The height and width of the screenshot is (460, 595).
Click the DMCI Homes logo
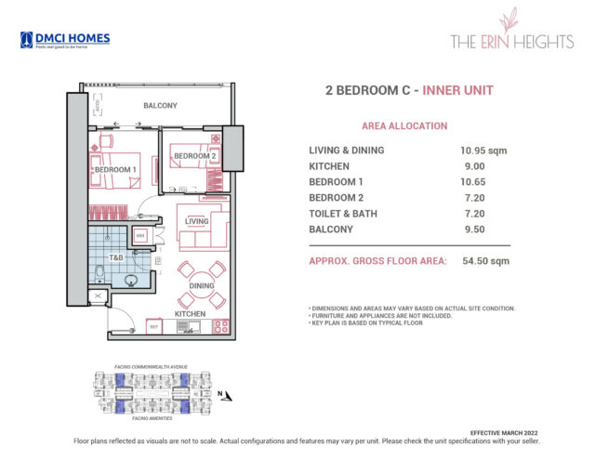pyautogui.click(x=64, y=39)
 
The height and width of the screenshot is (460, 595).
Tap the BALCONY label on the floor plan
pyautogui.click(x=160, y=106)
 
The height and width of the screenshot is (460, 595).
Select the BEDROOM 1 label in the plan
pyautogui.click(x=115, y=169)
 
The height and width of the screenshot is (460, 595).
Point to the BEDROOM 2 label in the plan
pyautogui.click(x=193, y=155)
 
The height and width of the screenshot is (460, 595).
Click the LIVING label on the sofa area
pyautogui.click(x=197, y=221)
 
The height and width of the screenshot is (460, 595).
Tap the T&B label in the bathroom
pyautogui.click(x=116, y=257)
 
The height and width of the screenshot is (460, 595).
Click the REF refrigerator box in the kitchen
pyautogui.click(x=153, y=326)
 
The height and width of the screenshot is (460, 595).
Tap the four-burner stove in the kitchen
pyautogui.click(x=221, y=326)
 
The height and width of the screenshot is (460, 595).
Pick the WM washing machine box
pyautogui.click(x=140, y=237)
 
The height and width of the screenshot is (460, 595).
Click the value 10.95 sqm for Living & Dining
pyautogui.click(x=483, y=151)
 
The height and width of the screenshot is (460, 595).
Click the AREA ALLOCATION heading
pyautogui.click(x=404, y=125)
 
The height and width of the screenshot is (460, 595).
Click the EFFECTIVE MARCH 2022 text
pyautogui.click(x=502, y=433)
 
